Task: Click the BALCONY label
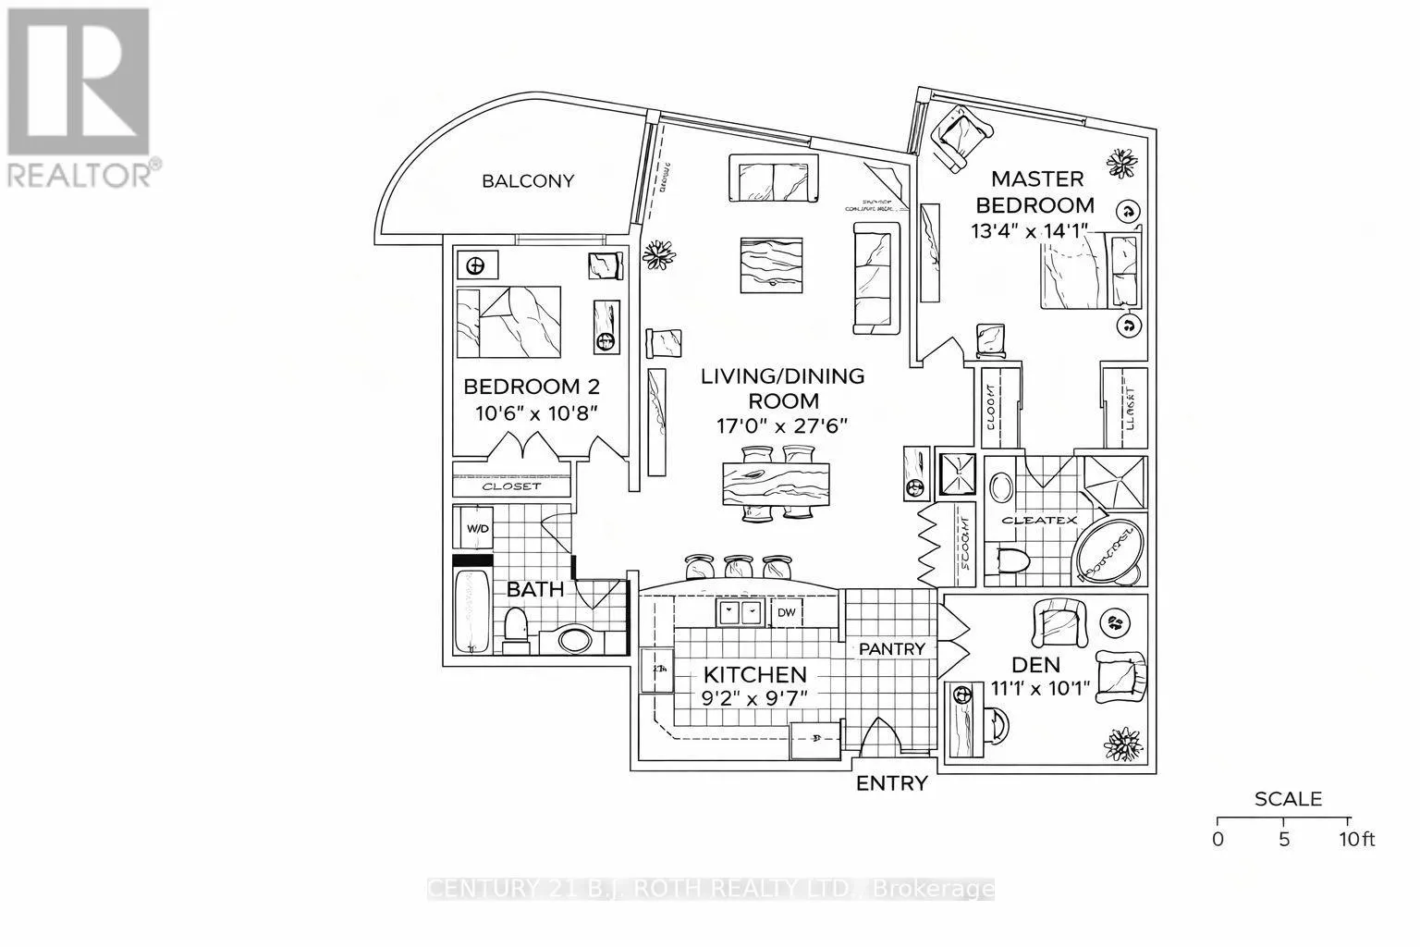coord(528,181)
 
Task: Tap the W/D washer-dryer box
coord(477,530)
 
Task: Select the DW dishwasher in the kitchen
coord(786,611)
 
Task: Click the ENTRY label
coord(891,784)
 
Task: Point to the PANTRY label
coord(892,649)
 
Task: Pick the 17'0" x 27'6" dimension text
coord(782,425)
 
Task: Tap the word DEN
coord(1035,664)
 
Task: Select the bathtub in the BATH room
coord(473,610)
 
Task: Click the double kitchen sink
coord(741,611)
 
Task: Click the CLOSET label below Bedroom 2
coord(512,486)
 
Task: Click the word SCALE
coord(1288,799)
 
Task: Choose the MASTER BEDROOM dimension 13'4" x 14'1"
coord(1031,230)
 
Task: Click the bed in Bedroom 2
coord(509,321)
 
